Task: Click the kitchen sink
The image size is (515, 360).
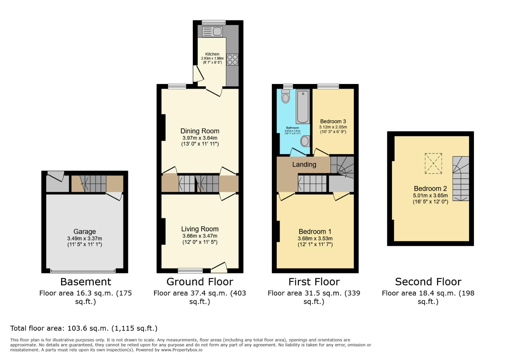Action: click(212, 32)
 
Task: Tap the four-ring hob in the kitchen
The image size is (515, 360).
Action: click(232, 60)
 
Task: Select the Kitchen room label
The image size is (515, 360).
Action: click(212, 54)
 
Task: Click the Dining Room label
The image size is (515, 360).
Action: click(200, 131)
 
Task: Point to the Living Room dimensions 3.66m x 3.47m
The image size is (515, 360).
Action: click(200, 236)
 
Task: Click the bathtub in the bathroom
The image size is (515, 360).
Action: click(303, 106)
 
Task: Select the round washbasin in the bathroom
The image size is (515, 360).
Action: click(305, 141)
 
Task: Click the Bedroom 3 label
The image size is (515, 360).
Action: click(333, 121)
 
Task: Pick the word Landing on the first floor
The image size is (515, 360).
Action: click(304, 164)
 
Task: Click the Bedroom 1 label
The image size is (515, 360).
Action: click(315, 231)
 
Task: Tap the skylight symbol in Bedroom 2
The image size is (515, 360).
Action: click(433, 163)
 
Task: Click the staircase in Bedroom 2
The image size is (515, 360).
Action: click(461, 178)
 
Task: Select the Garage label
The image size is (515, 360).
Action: click(84, 231)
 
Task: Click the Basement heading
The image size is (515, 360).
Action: click(85, 282)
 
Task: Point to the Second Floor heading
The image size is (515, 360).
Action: click(428, 282)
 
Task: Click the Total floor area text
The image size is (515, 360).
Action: click(84, 328)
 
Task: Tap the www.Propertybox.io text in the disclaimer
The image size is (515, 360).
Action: click(182, 350)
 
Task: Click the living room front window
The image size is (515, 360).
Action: click(190, 270)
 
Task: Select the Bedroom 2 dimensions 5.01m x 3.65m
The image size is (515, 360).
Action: click(430, 196)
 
